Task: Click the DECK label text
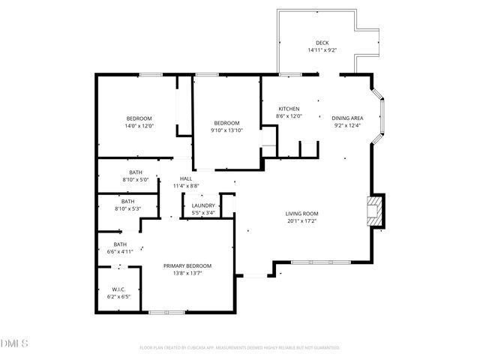(x=322, y=43)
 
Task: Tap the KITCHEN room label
(x=289, y=109)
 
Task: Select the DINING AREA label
(x=347, y=118)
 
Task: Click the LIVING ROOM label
(x=302, y=214)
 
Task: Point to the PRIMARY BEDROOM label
(x=187, y=265)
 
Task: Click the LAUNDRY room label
(x=203, y=205)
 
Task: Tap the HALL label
(x=185, y=178)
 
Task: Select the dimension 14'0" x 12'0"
(x=139, y=126)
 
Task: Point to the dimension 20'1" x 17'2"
(x=302, y=221)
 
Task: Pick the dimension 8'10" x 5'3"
(x=128, y=208)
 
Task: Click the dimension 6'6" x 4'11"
(x=120, y=252)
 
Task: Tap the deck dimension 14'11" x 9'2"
(x=322, y=50)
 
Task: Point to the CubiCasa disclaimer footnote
(x=240, y=348)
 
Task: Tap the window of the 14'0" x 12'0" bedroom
(x=149, y=73)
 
